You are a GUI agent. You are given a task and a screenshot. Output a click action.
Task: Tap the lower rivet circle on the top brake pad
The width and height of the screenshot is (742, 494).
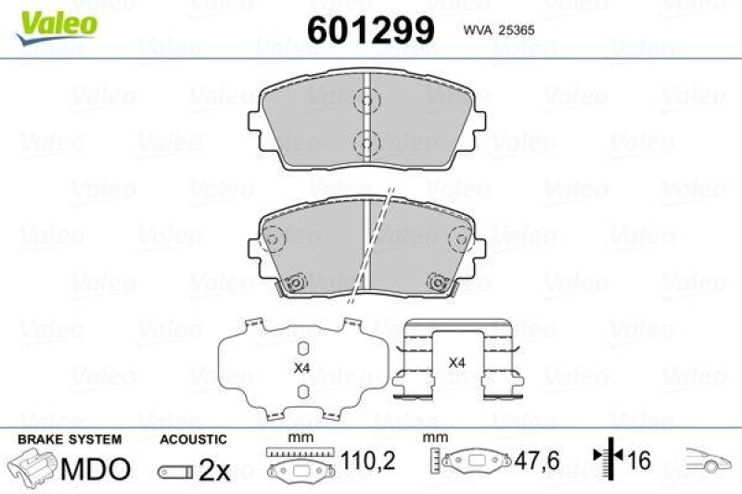pyautogui.click(x=365, y=142)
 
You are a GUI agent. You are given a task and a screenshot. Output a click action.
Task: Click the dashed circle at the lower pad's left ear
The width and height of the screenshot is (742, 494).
pyautogui.click(x=274, y=240)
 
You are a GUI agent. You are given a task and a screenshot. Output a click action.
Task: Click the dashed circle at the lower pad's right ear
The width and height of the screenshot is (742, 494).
pyautogui.click(x=458, y=240)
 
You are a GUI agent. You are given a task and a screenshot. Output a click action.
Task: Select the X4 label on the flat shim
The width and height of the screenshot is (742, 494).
pyautogui.click(x=301, y=368)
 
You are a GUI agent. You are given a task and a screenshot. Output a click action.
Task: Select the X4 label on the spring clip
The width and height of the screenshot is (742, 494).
pyautogui.click(x=456, y=362)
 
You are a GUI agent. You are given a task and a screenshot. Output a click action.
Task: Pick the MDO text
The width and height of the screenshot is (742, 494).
pyautogui.click(x=96, y=469)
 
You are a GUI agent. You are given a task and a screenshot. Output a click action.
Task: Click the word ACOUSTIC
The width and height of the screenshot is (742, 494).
pyautogui.click(x=193, y=438)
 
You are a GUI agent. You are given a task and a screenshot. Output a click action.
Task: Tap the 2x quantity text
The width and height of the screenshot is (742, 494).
pyautogui.click(x=214, y=470)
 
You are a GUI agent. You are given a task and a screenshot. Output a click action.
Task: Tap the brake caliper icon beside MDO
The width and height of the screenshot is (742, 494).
pyautogui.click(x=32, y=467)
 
